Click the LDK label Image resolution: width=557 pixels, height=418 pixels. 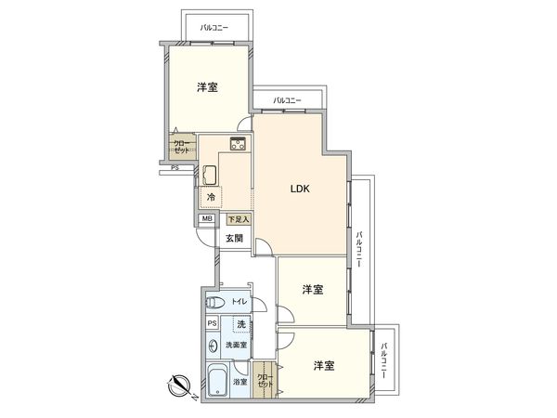[299, 189]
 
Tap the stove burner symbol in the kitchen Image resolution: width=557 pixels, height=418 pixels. [236, 143]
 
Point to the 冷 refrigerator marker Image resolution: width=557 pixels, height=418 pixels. [211, 198]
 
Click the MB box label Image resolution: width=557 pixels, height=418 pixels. [206, 220]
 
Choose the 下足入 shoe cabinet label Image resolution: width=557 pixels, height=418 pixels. [240, 220]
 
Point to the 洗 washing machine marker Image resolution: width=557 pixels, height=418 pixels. [240, 323]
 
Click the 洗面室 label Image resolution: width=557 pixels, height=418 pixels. [240, 344]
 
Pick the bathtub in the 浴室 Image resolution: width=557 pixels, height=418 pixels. [216, 381]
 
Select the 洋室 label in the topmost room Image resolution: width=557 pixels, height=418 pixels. [207, 88]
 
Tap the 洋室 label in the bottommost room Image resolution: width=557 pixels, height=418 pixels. [323, 365]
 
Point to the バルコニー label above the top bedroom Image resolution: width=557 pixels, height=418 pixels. [214, 28]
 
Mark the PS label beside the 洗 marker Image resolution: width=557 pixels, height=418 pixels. [213, 323]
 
